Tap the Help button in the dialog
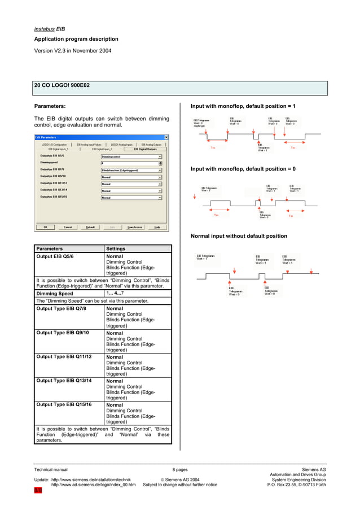pos(157,227)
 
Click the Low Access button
pos(135,227)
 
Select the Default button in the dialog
pos(90,227)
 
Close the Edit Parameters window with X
pos(166,137)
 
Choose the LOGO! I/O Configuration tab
pos(54,145)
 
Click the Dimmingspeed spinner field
pos(130,163)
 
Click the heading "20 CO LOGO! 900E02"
pos(62,85)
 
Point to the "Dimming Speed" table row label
pos(55,294)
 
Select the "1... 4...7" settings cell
pos(118,293)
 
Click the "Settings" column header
pos(116,249)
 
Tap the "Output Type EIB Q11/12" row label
pos(64,357)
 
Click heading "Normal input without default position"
pos(239,236)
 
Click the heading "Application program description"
pos(76,39)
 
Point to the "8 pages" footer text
pos(180,469)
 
